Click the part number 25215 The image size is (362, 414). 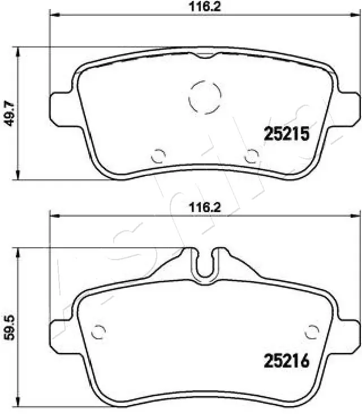point(286,133)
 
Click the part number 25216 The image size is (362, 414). point(286,361)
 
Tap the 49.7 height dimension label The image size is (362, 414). point(10,114)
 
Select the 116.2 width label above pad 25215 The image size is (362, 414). point(205,7)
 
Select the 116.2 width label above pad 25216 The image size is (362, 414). point(205,208)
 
